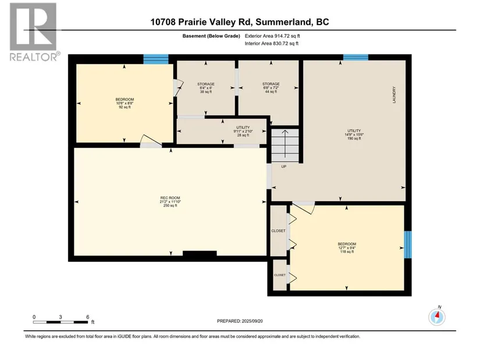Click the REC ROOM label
pos(170,201)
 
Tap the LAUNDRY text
pos(394,95)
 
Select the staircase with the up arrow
pos(285,145)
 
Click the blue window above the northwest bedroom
pos(156,59)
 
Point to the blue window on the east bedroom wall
pos(408,245)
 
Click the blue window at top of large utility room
pos(355,57)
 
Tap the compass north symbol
pos(437,316)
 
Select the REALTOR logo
pos(34,31)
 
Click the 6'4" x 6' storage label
pos(206,88)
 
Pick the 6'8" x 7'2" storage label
pos(271,88)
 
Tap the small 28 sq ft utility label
pos(243,131)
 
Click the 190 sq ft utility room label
pos(354,134)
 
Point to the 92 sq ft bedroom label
pos(125,103)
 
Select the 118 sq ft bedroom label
pos(347,248)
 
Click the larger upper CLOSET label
pos(278,231)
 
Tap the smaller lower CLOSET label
pos(280,275)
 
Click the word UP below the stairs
pos(284,166)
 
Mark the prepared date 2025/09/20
pos(240,321)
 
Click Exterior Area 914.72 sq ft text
pos(272,36)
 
